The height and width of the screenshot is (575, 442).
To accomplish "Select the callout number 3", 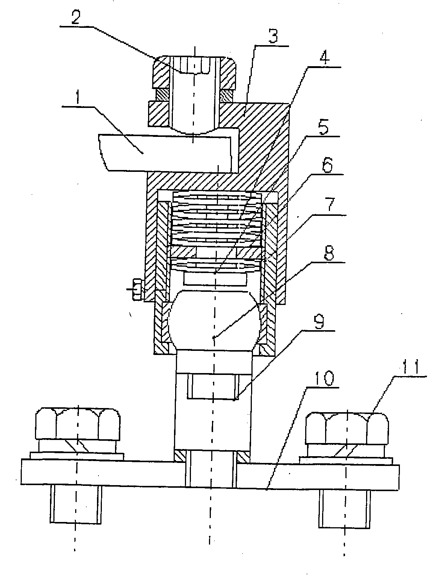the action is click(273, 36).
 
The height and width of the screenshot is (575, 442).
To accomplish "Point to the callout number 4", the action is click(324, 57).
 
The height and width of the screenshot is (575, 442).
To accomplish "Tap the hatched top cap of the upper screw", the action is click(194, 72).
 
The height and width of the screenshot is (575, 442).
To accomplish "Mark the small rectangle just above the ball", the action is click(215, 279).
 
